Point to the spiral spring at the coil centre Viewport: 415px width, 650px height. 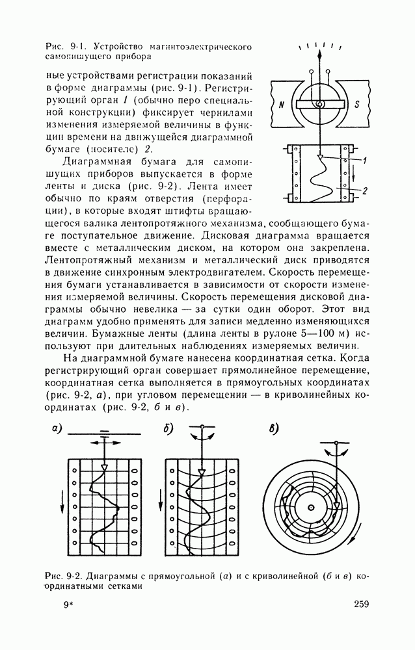click(x=319, y=104)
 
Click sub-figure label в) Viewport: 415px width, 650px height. click(x=273, y=429)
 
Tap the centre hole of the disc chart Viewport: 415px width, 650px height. click(x=311, y=508)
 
